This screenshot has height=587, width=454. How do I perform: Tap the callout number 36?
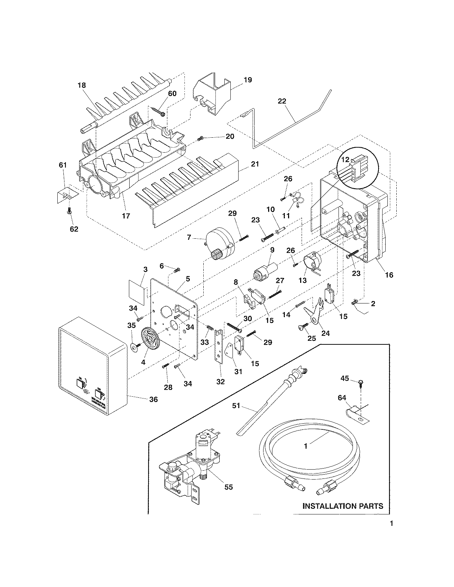click(153, 399)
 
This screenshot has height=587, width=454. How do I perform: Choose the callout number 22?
click(282, 101)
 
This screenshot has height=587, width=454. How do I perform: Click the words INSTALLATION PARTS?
click(343, 506)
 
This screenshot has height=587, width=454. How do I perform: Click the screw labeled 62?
click(69, 212)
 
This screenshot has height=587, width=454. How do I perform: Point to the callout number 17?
click(126, 216)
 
